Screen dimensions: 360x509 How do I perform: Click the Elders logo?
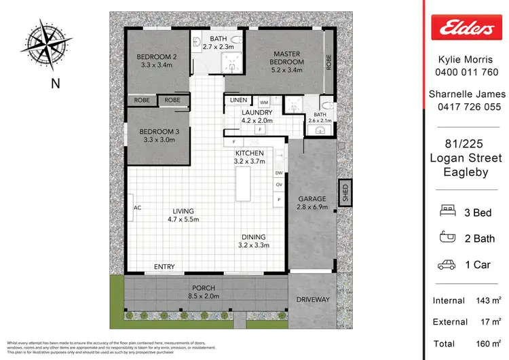tap(466, 29)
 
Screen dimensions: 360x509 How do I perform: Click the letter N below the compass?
tap(54, 84)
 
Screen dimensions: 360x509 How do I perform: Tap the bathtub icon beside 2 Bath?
tap(448, 238)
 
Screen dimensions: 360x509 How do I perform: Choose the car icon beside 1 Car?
tap(448, 264)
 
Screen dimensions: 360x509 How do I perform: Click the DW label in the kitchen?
tap(278, 174)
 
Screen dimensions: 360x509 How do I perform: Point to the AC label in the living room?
tap(136, 207)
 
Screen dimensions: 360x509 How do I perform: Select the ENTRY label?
tap(165, 266)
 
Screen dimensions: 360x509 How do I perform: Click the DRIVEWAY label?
tap(312, 300)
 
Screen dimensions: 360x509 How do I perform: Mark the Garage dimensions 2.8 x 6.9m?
tap(313, 207)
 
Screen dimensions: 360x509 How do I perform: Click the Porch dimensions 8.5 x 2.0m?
tap(204, 296)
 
